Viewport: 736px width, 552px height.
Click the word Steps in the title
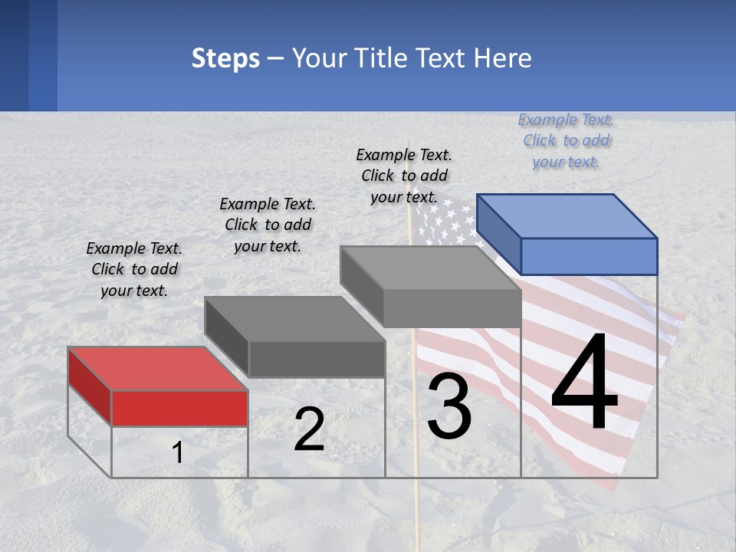[x=225, y=58]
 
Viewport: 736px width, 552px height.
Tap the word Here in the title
[x=503, y=58]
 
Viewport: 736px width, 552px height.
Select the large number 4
[x=584, y=383]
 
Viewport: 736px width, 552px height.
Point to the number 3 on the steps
[x=449, y=407]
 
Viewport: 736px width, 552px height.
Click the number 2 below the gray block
[x=309, y=430]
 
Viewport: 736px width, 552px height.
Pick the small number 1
[x=178, y=453]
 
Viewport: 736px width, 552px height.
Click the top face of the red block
[x=157, y=368]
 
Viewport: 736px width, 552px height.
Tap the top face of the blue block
[x=567, y=215]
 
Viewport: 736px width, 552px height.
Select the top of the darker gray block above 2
[x=294, y=318]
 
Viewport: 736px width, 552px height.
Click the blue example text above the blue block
[x=566, y=140]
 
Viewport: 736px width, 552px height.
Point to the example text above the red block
[x=134, y=269]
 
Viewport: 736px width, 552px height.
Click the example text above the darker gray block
[x=268, y=225]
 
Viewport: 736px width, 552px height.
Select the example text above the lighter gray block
[x=404, y=176]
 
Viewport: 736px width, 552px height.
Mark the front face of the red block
[x=179, y=408]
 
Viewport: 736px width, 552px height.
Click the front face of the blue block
[x=589, y=256]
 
